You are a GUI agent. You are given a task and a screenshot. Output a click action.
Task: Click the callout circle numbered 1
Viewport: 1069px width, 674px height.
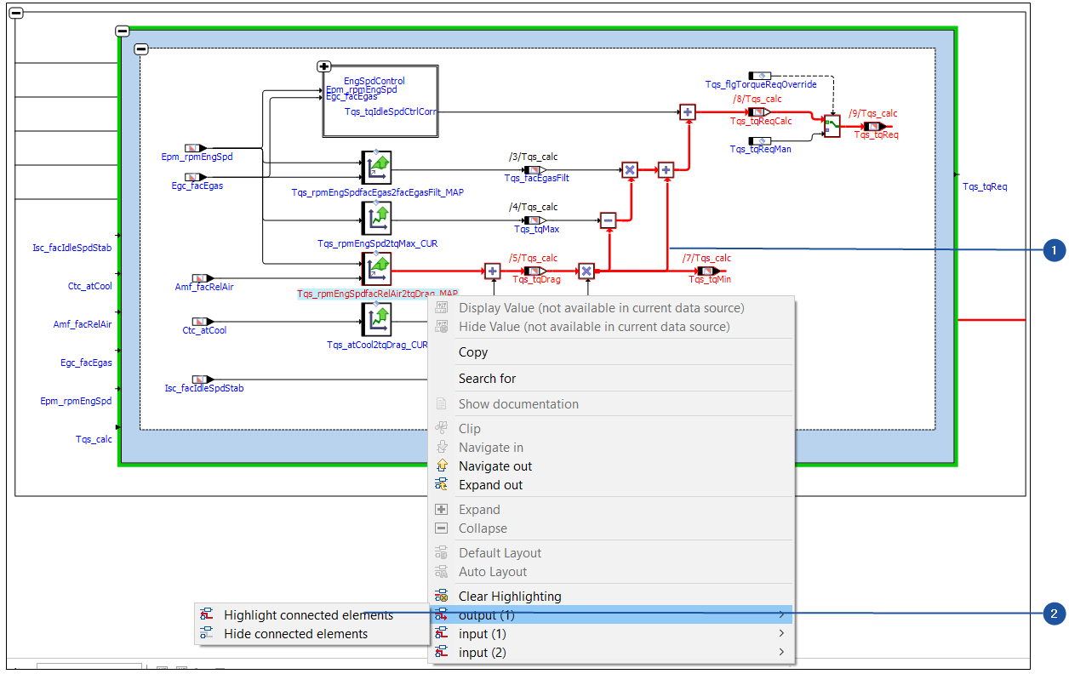(1055, 250)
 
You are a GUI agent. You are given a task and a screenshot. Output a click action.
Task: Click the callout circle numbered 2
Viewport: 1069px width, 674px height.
(1055, 614)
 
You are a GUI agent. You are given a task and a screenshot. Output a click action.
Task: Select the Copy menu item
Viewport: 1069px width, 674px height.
(473, 352)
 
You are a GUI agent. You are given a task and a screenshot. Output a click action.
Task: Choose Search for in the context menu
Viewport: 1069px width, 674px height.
(487, 379)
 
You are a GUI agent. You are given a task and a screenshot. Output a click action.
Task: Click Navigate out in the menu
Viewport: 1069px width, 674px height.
(494, 466)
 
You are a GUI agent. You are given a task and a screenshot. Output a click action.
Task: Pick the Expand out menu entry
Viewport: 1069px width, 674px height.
(490, 485)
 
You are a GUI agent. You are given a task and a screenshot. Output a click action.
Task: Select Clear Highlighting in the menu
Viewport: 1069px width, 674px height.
(509, 597)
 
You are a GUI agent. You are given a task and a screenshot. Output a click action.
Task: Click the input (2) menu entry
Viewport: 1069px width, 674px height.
(482, 653)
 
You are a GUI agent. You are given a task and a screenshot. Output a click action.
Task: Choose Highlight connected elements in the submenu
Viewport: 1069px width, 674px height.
(308, 615)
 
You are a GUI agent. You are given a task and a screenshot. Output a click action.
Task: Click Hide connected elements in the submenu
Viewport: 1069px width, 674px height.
(295, 634)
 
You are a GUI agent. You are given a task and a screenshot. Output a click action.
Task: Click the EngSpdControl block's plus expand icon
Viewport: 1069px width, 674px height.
(323, 66)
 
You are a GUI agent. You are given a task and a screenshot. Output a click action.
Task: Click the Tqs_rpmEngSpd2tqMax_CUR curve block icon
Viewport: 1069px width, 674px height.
(375, 219)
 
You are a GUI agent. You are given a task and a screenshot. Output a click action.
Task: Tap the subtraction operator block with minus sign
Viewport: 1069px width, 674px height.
(608, 220)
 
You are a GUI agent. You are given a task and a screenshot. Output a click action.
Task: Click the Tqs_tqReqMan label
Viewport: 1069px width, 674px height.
(760, 150)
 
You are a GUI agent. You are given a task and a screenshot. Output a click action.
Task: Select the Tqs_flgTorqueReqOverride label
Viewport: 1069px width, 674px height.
(760, 85)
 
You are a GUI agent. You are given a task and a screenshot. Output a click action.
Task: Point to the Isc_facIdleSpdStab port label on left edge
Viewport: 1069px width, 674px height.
(72, 248)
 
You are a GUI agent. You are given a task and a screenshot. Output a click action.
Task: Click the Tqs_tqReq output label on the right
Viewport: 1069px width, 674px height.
(985, 186)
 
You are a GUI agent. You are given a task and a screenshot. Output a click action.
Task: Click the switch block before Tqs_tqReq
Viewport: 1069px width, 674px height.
(832, 125)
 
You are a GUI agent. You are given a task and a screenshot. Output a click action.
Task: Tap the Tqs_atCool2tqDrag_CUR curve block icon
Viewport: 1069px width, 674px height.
(375, 319)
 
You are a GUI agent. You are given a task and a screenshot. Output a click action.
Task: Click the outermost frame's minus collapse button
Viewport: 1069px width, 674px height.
(16, 13)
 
